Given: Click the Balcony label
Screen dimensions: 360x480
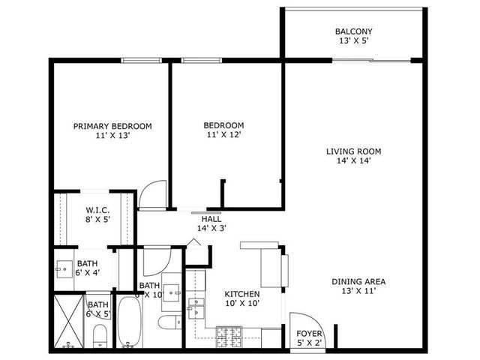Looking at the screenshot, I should pyautogui.click(x=354, y=31).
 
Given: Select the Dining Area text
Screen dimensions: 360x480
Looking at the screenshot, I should pyautogui.click(x=358, y=281).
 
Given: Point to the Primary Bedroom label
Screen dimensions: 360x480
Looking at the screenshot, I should pyautogui.click(x=112, y=126).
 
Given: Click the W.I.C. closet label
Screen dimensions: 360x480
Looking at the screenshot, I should pyautogui.click(x=99, y=210).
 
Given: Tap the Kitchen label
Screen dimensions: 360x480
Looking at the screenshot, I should pyautogui.click(x=243, y=294).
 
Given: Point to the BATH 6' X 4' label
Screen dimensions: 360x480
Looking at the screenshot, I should pyautogui.click(x=87, y=263).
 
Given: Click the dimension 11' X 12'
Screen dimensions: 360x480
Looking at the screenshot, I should pyautogui.click(x=224, y=135).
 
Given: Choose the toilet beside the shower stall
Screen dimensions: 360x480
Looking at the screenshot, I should pyautogui.click(x=97, y=341).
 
